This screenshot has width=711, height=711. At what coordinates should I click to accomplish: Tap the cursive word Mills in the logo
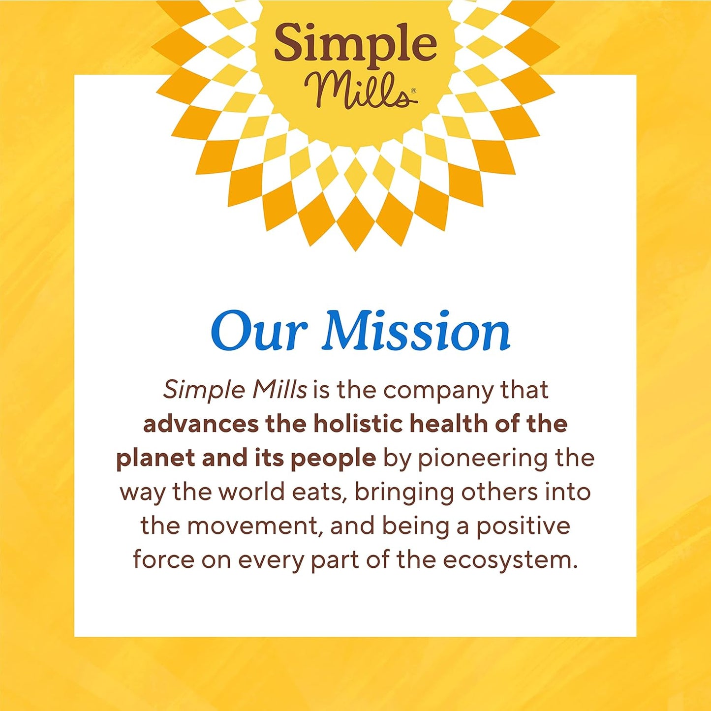point(355,91)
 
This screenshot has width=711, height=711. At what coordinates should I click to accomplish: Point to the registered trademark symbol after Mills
point(413,91)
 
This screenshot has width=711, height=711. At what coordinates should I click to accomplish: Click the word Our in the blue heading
point(259,332)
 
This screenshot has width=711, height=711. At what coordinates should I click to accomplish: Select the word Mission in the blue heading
point(416,332)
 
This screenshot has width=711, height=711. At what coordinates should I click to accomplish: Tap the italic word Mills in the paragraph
point(279,390)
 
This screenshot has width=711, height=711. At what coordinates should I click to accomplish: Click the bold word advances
point(200,424)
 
